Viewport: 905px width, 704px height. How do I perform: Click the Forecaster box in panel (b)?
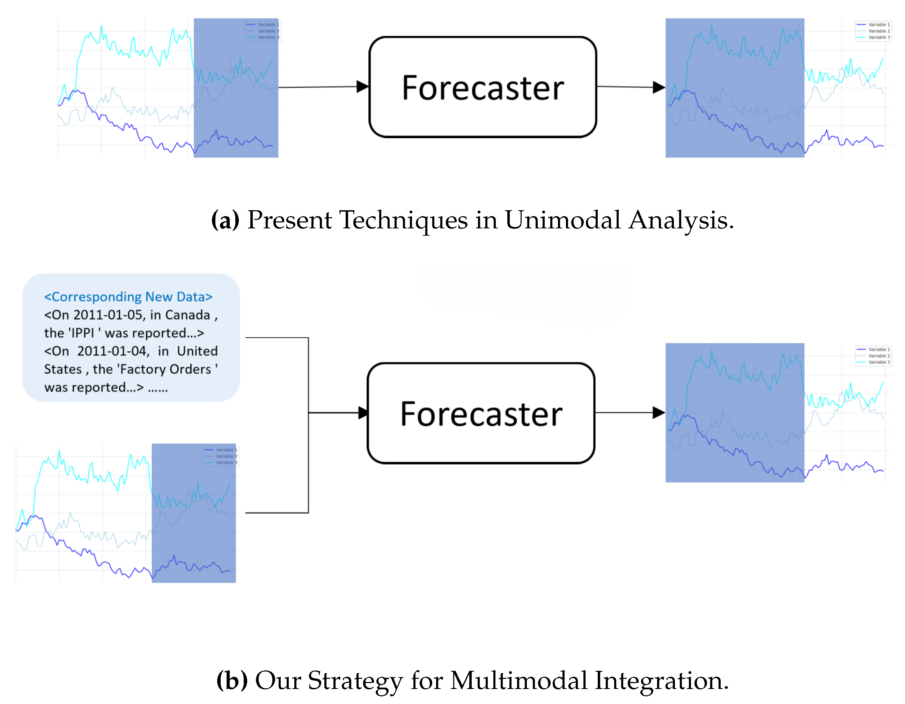point(481,413)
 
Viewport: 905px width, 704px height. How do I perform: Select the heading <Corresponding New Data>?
point(128,297)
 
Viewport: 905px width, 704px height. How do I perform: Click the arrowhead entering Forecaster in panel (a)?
point(362,87)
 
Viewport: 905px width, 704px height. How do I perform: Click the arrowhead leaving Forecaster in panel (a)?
point(659,87)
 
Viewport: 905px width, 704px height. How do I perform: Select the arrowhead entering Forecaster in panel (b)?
point(363,413)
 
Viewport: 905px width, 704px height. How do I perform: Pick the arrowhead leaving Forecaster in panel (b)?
point(659,413)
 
